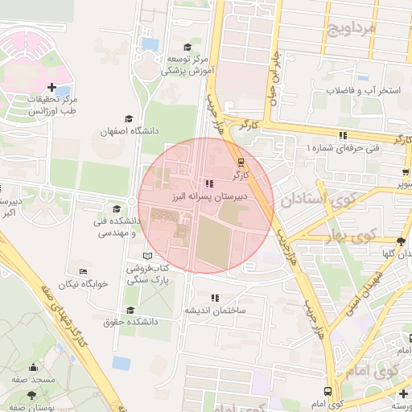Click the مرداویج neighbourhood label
point(352,31)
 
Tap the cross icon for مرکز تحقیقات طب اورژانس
point(52,87)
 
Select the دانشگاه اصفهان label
point(130,130)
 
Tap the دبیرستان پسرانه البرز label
point(212,196)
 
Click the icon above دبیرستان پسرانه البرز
point(211,183)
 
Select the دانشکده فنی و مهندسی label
point(117,227)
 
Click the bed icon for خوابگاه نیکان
point(83,272)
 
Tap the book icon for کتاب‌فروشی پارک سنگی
point(146,255)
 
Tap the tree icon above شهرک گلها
point(401,241)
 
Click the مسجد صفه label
point(32,378)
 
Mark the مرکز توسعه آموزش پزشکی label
point(187,64)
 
